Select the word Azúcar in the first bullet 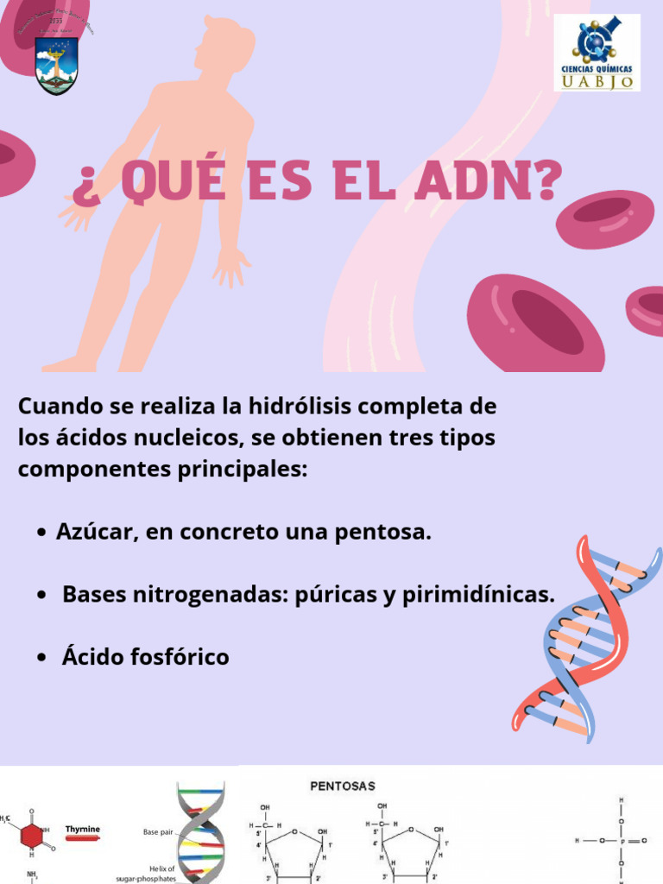click(x=92, y=532)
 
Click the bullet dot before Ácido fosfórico click(x=41, y=659)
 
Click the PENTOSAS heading click(x=343, y=786)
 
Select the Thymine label click(x=82, y=829)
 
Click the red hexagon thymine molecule click(x=33, y=836)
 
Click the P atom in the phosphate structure click(x=621, y=840)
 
